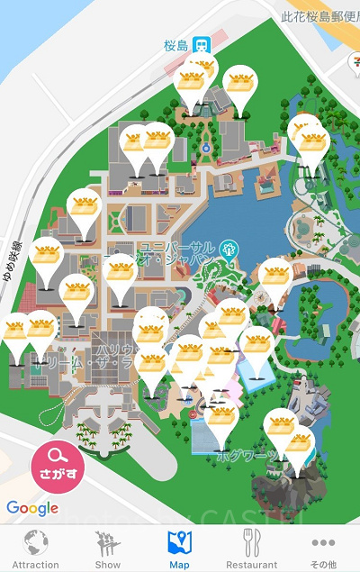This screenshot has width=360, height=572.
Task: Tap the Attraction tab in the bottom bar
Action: [x=36, y=549]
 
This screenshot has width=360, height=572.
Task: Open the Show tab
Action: [x=108, y=549]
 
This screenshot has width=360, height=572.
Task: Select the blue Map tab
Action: [x=180, y=549]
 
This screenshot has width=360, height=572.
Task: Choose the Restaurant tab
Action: [x=252, y=549]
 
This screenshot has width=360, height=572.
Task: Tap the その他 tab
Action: [x=323, y=549]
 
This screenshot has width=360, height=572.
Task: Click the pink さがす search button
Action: [x=58, y=468]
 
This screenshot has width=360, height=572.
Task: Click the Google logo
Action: [x=32, y=508]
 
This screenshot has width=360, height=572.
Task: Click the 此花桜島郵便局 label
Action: [x=319, y=15]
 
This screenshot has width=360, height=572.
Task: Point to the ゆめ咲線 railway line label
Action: [x=13, y=262]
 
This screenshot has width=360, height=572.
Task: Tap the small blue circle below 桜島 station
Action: [x=205, y=146]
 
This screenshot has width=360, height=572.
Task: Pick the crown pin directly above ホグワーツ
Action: [x=221, y=422]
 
